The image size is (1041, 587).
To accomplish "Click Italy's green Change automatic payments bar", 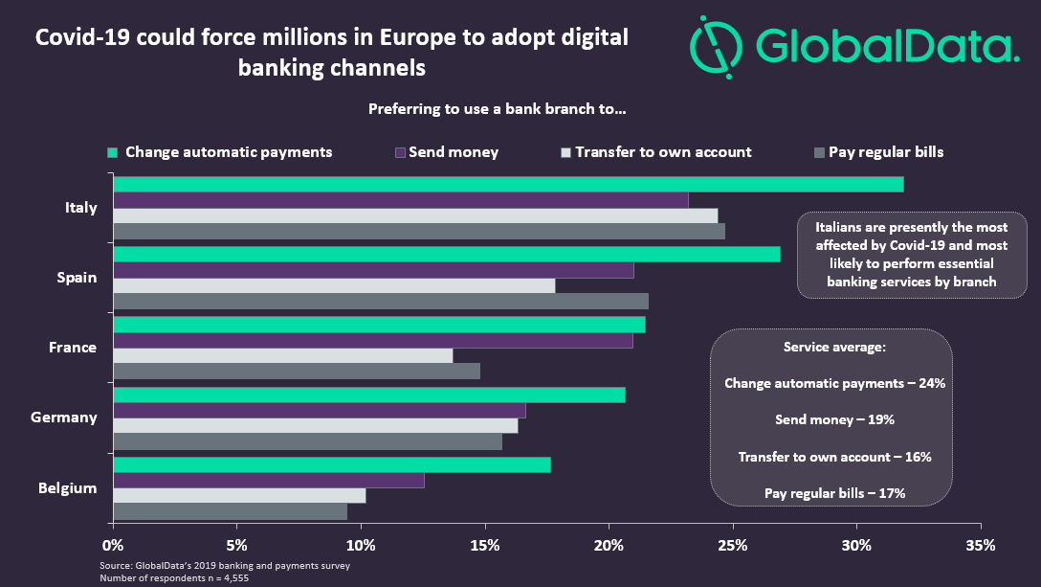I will (508, 184).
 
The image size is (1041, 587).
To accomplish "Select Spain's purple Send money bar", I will (373, 270).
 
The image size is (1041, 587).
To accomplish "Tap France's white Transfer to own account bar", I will (283, 355).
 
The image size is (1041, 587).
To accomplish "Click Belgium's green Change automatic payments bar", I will (332, 464).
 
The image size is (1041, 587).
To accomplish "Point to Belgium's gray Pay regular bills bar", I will (230, 511).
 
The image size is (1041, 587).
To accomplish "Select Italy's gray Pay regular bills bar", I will (419, 231).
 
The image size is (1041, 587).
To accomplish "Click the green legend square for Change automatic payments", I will (112, 152).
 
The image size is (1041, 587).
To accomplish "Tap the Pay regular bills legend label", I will (886, 151).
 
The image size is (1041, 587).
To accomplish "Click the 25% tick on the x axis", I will (733, 546).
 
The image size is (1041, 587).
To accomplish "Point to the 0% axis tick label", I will (113, 546).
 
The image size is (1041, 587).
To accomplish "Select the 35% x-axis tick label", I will (981, 546).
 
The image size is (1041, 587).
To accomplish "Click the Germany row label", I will (64, 418).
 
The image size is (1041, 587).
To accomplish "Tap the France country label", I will (73, 348).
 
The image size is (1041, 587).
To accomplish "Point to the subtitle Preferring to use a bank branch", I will (497, 109).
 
